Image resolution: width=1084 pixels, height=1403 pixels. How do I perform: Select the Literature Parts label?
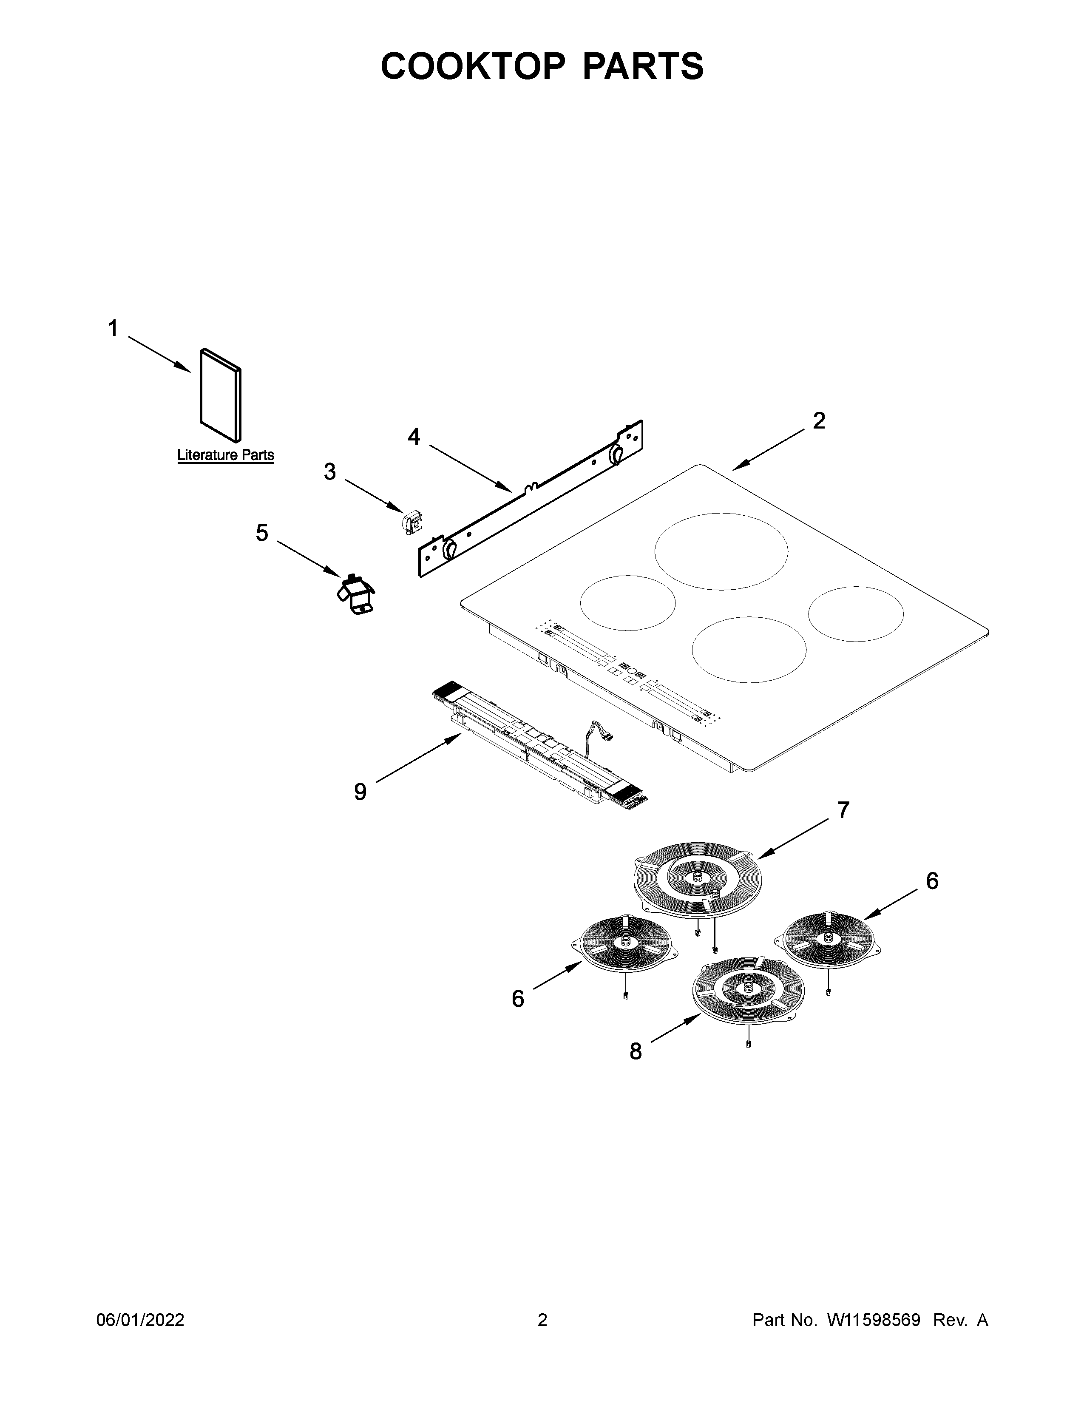pos(225,455)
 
